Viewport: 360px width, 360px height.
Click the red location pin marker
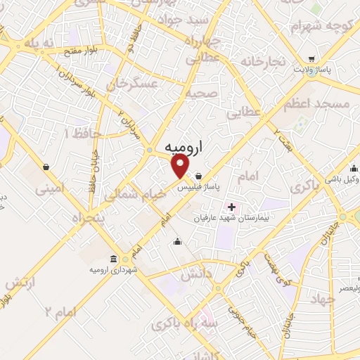coord(181,167)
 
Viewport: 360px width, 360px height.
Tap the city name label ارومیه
coord(187,149)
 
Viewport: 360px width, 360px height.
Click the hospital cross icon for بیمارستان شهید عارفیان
coord(231,207)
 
